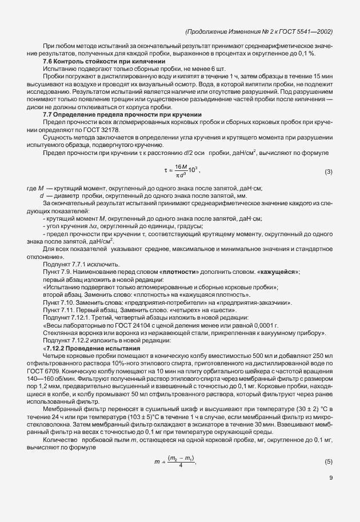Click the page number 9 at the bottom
point(331,479)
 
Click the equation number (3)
point(329,172)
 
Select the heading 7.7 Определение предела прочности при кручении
point(122,115)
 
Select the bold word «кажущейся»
point(277,272)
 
